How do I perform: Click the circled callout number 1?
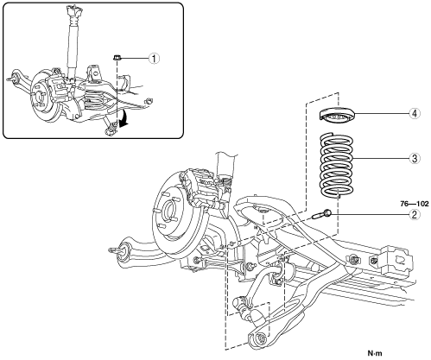[154, 59]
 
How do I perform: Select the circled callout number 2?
[415, 214]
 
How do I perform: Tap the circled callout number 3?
[415, 158]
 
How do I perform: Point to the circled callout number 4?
[415, 113]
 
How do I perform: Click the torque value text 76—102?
[415, 204]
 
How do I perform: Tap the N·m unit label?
[376, 352]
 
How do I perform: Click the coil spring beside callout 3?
[337, 165]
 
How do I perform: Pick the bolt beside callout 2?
[322, 214]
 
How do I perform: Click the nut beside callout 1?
[117, 57]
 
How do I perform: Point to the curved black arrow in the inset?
[124, 118]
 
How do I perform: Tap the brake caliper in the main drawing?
[201, 186]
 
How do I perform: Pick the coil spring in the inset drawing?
[96, 98]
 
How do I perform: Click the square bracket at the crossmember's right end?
[396, 261]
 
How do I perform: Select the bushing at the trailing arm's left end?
[124, 250]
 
